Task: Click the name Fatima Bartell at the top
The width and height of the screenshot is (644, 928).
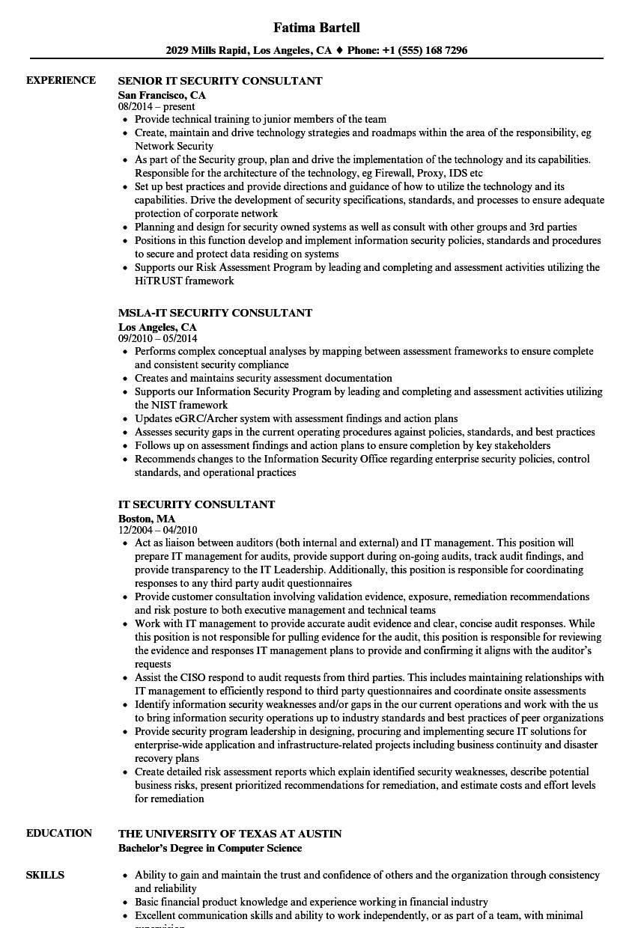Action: (318, 28)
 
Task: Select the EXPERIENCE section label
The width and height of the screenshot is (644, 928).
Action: (61, 80)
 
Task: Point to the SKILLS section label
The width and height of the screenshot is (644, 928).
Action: (45, 854)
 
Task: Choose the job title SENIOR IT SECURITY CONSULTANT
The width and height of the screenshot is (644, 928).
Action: (220, 81)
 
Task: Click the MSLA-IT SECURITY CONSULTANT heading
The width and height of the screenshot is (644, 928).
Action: (215, 313)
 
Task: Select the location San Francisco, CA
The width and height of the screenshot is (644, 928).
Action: (162, 95)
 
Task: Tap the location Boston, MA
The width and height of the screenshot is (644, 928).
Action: (147, 518)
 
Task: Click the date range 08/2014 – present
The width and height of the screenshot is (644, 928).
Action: (157, 107)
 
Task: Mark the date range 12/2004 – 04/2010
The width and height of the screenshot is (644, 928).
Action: (157, 531)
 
